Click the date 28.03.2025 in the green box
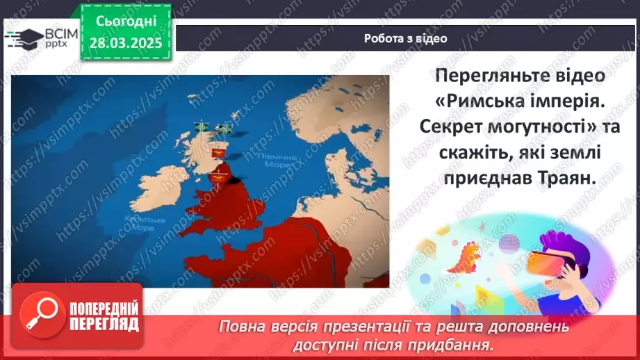click(x=125, y=42)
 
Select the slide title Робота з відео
click(x=405, y=39)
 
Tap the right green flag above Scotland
click(x=224, y=129)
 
